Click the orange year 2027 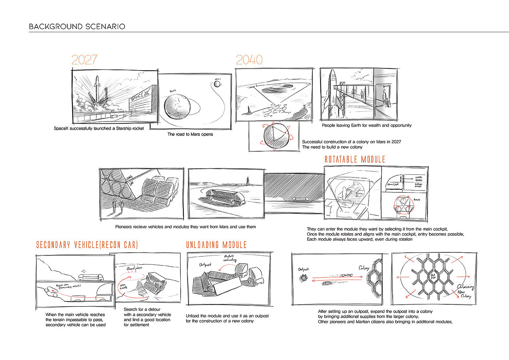pyautogui.click(x=84, y=60)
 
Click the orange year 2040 pyautogui.click(x=249, y=60)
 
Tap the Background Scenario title pyautogui.click(x=77, y=27)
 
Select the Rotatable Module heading pyautogui.click(x=354, y=159)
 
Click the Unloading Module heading pyautogui.click(x=216, y=245)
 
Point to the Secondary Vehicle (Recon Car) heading pyautogui.click(x=87, y=245)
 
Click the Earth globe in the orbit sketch pyautogui.click(x=177, y=107)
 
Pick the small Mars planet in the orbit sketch pyautogui.click(x=217, y=84)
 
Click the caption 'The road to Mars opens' pyautogui.click(x=190, y=134)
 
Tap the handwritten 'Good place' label pyautogui.click(x=134, y=269)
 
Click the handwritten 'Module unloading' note pyautogui.click(x=230, y=258)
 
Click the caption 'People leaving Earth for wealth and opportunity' pyautogui.click(x=366, y=125)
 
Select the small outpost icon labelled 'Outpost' pyautogui.click(x=303, y=278)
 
